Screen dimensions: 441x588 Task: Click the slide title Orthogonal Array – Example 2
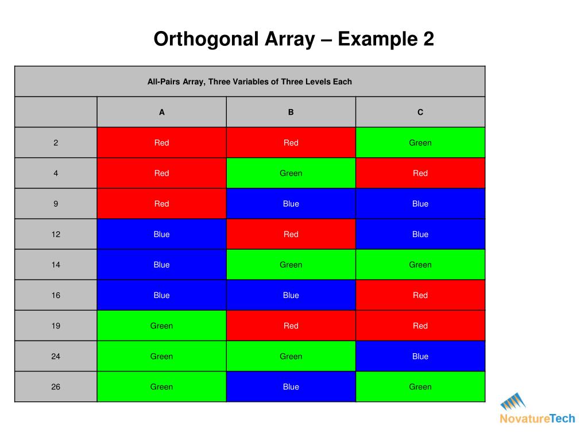point(293,40)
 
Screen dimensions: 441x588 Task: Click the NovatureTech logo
point(537,408)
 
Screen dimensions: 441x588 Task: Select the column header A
point(162,113)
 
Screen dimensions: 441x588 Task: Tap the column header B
point(291,113)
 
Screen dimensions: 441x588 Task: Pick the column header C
point(420,113)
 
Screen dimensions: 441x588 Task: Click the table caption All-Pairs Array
point(249,82)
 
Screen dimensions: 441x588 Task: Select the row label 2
point(56,143)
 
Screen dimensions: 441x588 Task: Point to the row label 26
point(56,387)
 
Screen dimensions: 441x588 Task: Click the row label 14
point(56,265)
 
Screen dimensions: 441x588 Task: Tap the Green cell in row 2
point(420,143)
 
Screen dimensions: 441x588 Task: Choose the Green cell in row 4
point(291,173)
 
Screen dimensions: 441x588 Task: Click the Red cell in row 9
point(162,204)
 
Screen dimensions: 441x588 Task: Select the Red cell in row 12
point(291,234)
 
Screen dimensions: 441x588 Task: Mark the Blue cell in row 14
point(162,265)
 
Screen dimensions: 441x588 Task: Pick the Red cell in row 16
point(420,295)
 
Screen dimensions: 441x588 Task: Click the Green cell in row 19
point(162,326)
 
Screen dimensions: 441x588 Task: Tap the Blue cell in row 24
point(420,356)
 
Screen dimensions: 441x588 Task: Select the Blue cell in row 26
point(291,387)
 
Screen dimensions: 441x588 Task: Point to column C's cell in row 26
point(420,387)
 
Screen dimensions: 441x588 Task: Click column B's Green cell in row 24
point(291,356)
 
